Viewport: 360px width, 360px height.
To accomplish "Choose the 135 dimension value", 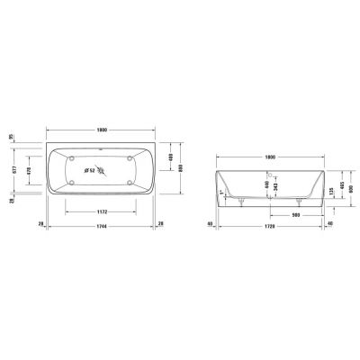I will pyautogui.click(x=332, y=191).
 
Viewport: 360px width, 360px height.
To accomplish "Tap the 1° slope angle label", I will pyautogui.click(x=222, y=192).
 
